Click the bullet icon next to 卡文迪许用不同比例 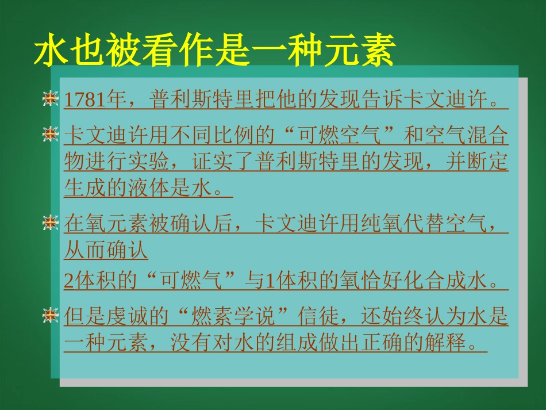tap(51, 135)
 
